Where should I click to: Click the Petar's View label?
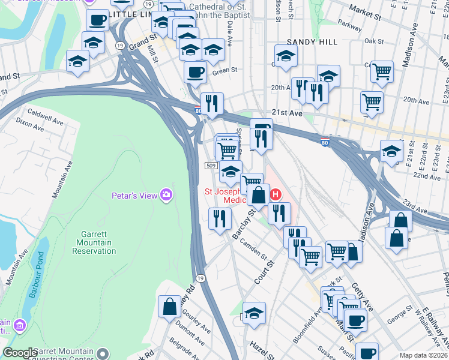[x=134, y=196]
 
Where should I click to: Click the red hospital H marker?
[x=276, y=194]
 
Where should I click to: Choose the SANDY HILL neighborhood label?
[x=310, y=42]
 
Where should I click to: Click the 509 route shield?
[x=211, y=166]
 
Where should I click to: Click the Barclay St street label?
[x=244, y=223]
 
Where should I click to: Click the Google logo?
[x=20, y=353]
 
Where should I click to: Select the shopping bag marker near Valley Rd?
[x=170, y=306]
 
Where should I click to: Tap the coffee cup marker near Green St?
[x=195, y=73]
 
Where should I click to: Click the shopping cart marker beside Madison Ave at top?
[x=382, y=72]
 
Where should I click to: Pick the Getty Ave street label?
[x=363, y=296]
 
